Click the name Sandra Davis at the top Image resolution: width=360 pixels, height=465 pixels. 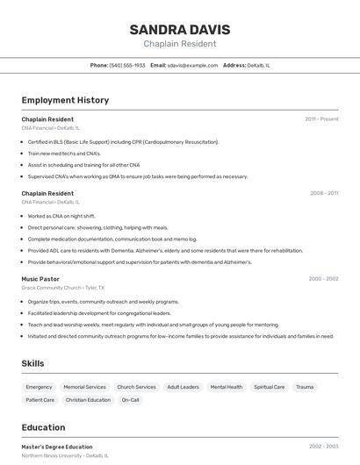pyautogui.click(x=179, y=28)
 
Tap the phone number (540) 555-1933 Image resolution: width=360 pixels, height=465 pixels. pyautogui.click(x=127, y=65)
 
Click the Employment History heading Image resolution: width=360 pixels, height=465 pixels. pyautogui.click(x=65, y=100)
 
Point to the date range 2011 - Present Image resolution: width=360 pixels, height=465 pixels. pyautogui.click(x=321, y=118)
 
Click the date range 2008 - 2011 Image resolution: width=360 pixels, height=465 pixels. pyautogui.click(x=324, y=193)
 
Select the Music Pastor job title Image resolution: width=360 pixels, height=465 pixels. pyautogui.click(x=41, y=278)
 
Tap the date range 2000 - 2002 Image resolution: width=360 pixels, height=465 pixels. pyautogui.click(x=323, y=278)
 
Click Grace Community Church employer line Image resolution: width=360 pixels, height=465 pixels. pyautogui.click(x=62, y=288)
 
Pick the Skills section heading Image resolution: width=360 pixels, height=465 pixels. pyautogui.click(x=33, y=363)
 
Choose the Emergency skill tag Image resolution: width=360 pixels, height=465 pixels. pyautogui.click(x=39, y=387)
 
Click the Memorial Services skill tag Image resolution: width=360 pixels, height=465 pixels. pyautogui.click(x=84, y=387)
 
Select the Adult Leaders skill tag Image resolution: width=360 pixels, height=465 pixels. pyautogui.click(x=183, y=387)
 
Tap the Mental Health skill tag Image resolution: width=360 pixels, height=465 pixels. pyautogui.click(x=227, y=387)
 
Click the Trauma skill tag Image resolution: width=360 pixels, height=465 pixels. pyautogui.click(x=305, y=387)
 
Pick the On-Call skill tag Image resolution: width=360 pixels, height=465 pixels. pyautogui.click(x=130, y=400)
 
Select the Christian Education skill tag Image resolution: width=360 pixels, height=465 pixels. pyautogui.click(x=88, y=400)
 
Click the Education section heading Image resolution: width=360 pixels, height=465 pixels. pyautogui.click(x=43, y=427)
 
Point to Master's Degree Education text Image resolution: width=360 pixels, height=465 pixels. pyautogui.click(x=57, y=447)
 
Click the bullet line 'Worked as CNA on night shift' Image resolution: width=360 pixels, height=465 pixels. pyautogui.click(x=61, y=216)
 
